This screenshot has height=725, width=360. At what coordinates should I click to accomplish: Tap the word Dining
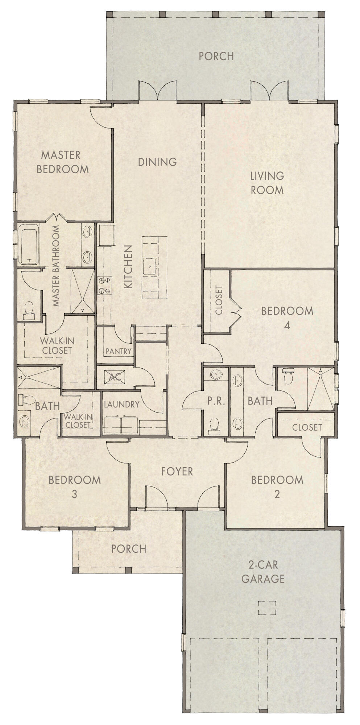157,162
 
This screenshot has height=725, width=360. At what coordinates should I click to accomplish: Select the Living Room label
267,183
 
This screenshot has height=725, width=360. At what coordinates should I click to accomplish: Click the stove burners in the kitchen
104,285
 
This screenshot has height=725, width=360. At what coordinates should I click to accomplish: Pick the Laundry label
121,404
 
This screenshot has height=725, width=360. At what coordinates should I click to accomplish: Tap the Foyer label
177,471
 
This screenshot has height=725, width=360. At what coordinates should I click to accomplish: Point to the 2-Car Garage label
263,572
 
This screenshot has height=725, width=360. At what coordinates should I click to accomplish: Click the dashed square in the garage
267,608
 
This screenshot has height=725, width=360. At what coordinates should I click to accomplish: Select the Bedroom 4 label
287,318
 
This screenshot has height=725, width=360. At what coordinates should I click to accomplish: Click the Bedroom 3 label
75,487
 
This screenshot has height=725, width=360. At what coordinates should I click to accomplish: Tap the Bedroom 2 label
277,487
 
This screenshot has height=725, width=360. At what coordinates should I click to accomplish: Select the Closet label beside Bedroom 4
219,300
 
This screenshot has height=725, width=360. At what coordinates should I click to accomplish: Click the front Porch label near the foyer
129,548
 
